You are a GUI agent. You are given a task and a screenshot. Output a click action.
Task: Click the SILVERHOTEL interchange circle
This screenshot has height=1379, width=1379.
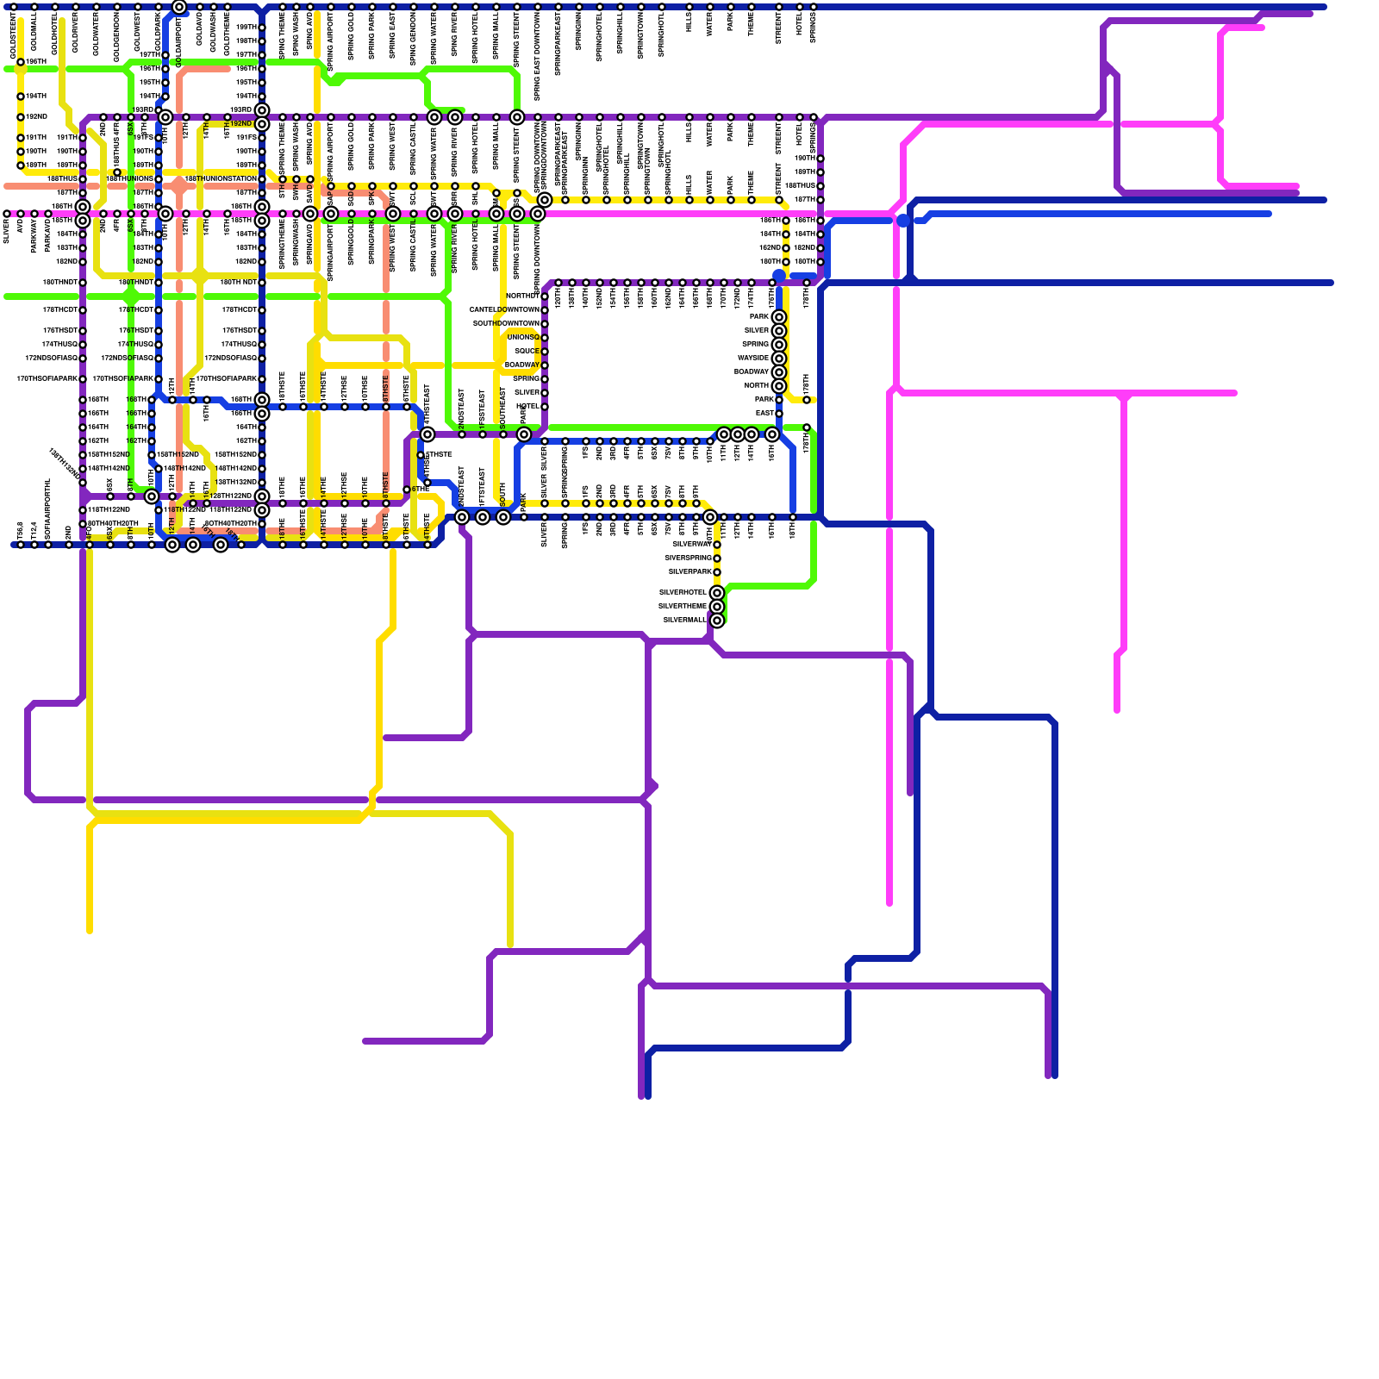click(x=717, y=593)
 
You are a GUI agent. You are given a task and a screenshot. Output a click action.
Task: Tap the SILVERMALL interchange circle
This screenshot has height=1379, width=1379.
click(x=717, y=621)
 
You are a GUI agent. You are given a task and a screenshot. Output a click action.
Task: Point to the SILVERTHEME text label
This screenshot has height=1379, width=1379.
click(x=683, y=607)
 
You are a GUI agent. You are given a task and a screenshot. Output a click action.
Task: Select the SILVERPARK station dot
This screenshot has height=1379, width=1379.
click(x=717, y=572)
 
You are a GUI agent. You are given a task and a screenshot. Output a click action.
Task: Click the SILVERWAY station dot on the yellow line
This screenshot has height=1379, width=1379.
click(x=717, y=545)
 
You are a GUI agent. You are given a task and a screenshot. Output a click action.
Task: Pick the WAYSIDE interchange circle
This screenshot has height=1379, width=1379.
click(x=779, y=359)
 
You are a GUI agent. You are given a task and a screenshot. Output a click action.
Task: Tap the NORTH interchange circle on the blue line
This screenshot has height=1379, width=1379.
click(x=779, y=386)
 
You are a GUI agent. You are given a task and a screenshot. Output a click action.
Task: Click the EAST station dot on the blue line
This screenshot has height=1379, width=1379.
click(x=779, y=414)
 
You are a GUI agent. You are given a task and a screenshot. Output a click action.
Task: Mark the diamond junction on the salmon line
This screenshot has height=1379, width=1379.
click(x=179, y=186)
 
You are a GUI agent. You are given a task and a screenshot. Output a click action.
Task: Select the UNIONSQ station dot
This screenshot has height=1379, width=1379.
click(x=545, y=338)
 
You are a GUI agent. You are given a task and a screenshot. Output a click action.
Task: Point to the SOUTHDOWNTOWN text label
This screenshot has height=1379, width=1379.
click(x=506, y=323)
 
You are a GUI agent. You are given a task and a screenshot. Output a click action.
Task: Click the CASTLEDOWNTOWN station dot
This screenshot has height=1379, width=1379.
click(x=545, y=310)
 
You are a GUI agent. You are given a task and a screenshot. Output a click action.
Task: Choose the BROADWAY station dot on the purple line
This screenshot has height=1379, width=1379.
click(x=545, y=365)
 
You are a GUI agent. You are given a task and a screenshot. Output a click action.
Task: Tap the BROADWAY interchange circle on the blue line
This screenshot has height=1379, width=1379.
click(x=779, y=372)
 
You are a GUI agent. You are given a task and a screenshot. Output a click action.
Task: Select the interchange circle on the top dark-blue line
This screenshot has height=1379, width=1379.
click(x=179, y=7)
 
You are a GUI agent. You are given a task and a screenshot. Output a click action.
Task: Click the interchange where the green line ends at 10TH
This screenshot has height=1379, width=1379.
click(x=152, y=496)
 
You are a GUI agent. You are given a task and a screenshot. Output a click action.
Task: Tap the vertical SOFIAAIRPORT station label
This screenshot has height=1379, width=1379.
click(x=48, y=509)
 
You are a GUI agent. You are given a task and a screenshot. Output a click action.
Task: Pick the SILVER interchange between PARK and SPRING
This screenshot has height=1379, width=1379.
click(x=779, y=331)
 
